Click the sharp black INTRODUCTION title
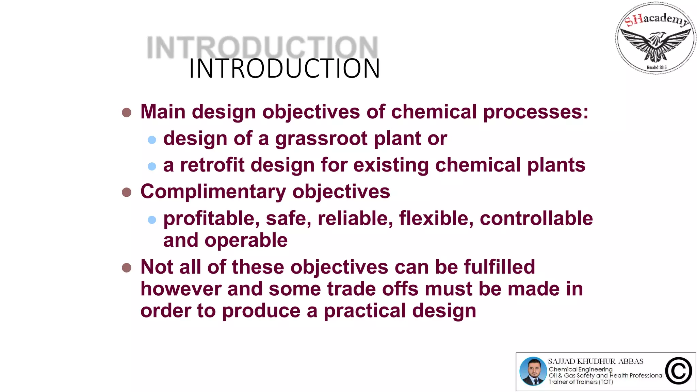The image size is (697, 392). click(x=284, y=69)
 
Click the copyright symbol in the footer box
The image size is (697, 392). click(x=679, y=371)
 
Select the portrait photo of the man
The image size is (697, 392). click(x=533, y=371)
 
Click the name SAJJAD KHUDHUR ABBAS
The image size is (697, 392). click(x=596, y=361)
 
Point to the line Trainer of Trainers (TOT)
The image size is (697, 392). click(x=581, y=382)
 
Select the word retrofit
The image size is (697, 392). click(x=212, y=165)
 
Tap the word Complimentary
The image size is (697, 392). click(x=213, y=192)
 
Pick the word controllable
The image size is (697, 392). click(x=536, y=218)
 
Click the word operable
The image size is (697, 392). click(x=246, y=240)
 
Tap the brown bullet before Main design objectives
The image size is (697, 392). click(x=127, y=113)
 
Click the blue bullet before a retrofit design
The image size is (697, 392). click(x=152, y=166)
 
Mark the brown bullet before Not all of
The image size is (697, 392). click(x=127, y=268)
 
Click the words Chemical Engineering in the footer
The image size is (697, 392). click(x=580, y=369)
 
